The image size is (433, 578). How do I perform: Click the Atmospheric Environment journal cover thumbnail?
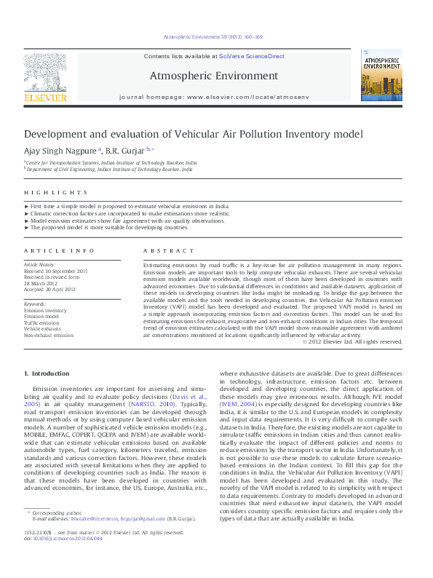point(381,75)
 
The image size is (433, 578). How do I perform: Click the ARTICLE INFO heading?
point(60,250)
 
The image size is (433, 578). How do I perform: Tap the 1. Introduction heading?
point(47,373)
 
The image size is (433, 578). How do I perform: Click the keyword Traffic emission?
point(43,322)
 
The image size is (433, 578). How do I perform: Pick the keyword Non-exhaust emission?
point(49,336)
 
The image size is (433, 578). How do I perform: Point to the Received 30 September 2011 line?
point(55,271)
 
